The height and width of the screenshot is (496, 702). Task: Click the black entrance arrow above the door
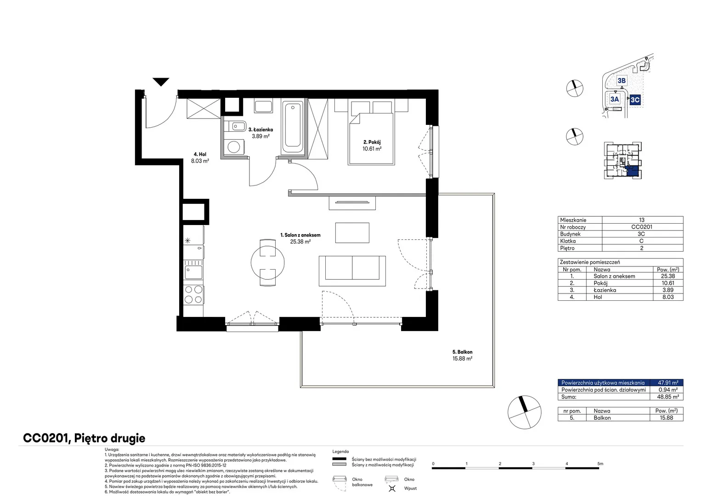(x=161, y=81)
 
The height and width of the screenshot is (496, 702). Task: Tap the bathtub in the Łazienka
(x=293, y=127)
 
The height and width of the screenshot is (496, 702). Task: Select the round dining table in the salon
(x=268, y=263)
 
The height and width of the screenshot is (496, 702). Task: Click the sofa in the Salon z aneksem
(x=352, y=271)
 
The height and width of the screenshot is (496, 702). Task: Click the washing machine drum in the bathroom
(x=233, y=147)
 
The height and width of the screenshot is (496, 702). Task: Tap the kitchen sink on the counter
(x=193, y=272)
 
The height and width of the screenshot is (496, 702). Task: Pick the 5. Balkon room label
(x=462, y=352)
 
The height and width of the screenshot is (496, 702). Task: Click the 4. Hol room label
(x=200, y=154)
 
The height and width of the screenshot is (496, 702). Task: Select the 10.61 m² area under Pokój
(x=372, y=149)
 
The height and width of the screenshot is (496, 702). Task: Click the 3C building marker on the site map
(x=635, y=100)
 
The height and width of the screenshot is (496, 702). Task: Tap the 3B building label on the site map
(x=622, y=80)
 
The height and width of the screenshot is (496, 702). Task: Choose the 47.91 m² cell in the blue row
(x=668, y=383)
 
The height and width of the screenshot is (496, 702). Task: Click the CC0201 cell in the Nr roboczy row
(x=641, y=227)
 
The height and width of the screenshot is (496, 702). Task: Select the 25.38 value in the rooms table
(x=668, y=276)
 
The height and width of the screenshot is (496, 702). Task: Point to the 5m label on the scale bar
(x=600, y=463)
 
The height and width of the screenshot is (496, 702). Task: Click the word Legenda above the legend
(x=340, y=451)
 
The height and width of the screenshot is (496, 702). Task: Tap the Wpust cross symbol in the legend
(x=392, y=488)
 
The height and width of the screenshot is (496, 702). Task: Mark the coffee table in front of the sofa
(x=352, y=233)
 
